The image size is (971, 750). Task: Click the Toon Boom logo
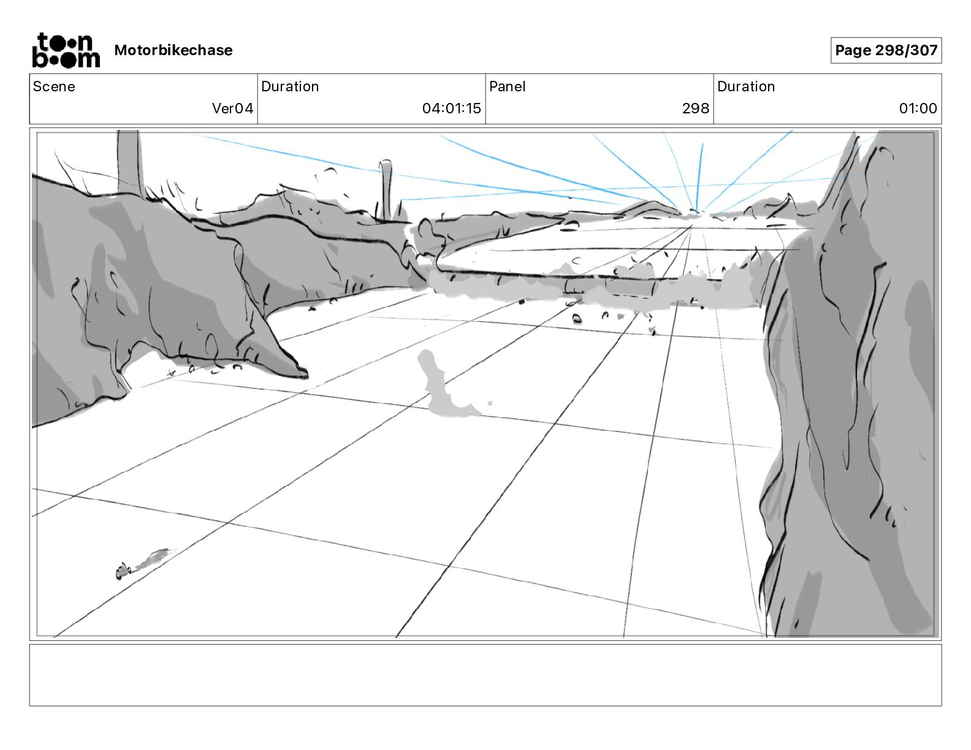(x=66, y=50)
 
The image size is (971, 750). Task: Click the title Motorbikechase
(x=173, y=50)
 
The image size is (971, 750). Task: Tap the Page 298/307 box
(x=886, y=50)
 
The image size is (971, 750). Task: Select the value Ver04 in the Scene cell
(x=232, y=108)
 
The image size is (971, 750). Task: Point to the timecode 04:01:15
(x=451, y=108)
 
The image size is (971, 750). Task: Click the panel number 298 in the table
(x=695, y=108)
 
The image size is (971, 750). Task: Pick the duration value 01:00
(x=918, y=108)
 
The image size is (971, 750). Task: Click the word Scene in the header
(x=54, y=86)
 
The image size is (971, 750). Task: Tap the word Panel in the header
(x=507, y=86)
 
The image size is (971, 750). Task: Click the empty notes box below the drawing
(x=485, y=675)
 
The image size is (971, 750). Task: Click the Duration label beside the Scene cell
(x=290, y=86)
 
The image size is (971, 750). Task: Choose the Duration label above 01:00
(x=746, y=86)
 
